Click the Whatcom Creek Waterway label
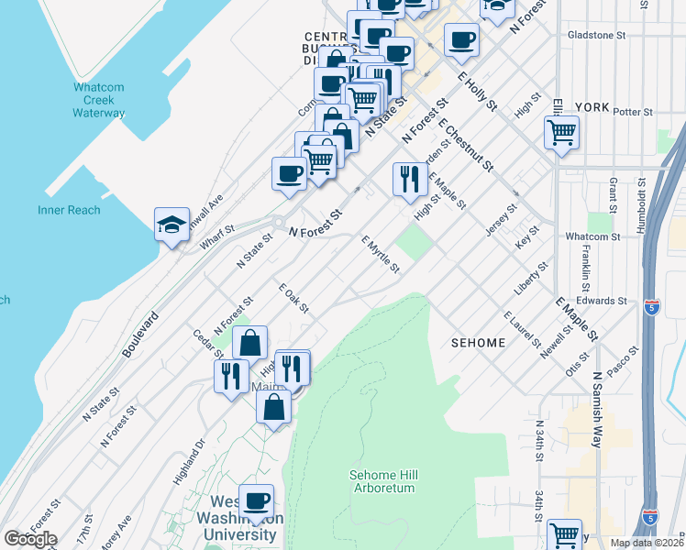pos(99,101)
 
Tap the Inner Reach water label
pos(69,210)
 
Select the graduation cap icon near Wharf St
pos(171,225)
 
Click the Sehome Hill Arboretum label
pos(382,481)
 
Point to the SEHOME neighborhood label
pos(478,343)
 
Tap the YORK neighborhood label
pos(592,106)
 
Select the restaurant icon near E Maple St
pos(410,178)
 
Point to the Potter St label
pos(633,112)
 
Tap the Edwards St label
pos(603,301)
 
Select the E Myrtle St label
pos(381,254)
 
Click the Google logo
pos(29,539)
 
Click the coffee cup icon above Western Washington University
pos(256,500)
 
